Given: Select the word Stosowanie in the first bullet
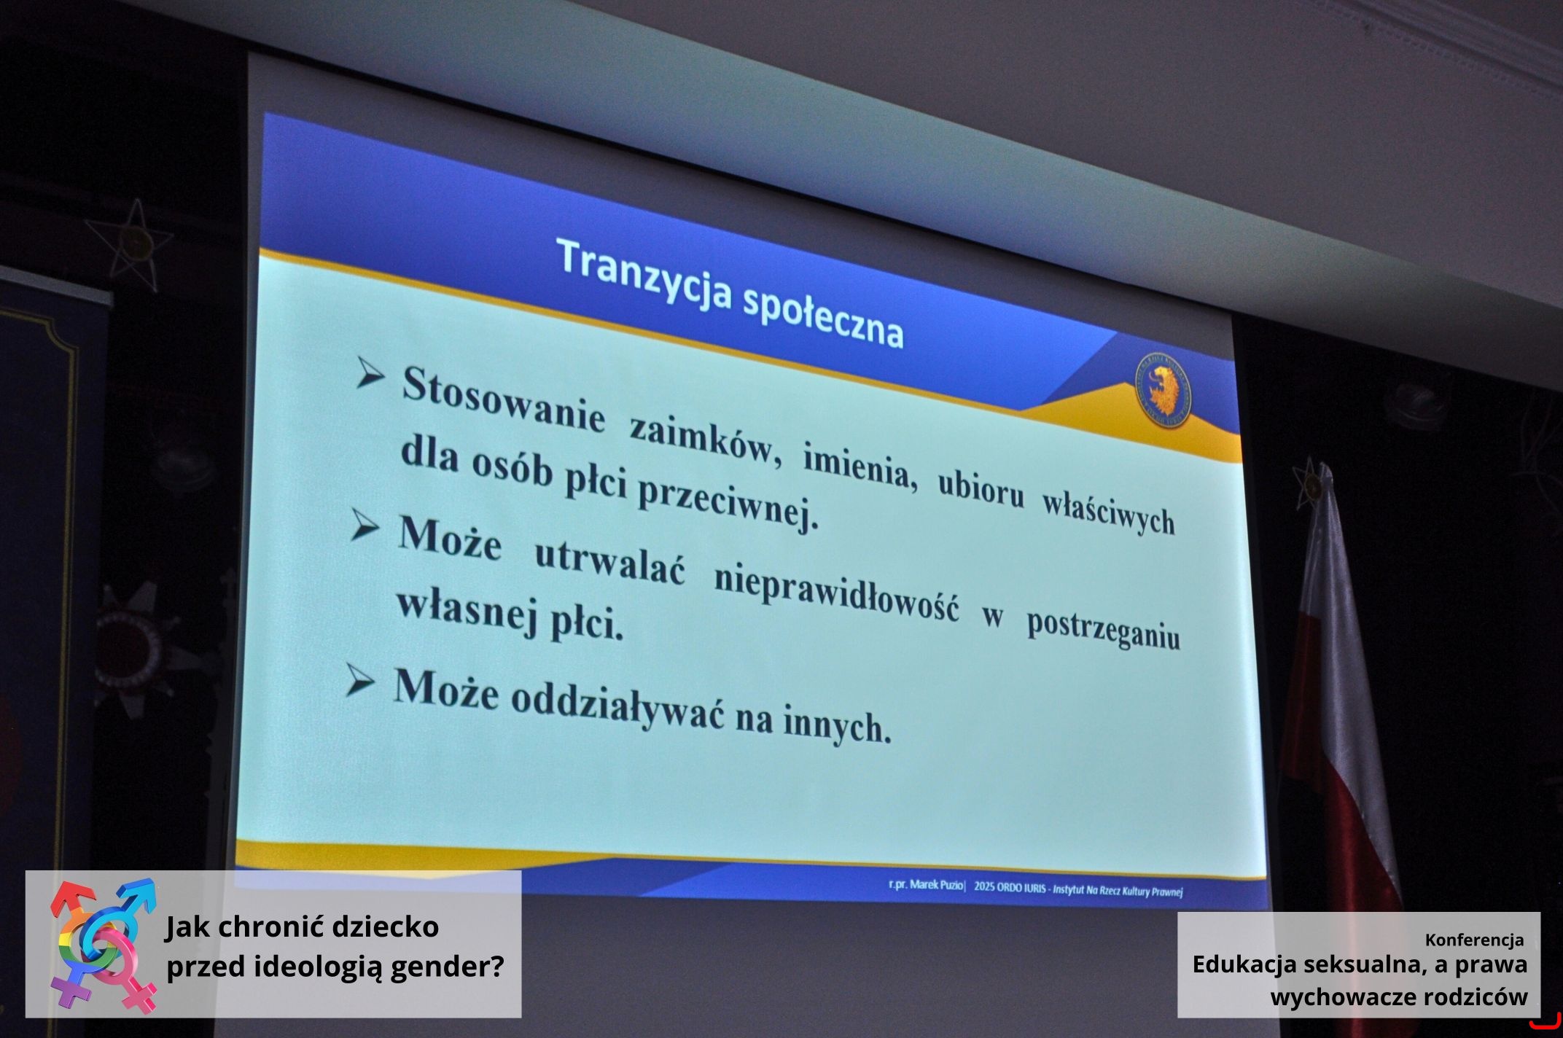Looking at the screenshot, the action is pos(504,402).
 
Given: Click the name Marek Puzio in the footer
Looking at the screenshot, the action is pos(936,884).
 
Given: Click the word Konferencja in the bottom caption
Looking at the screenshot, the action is pos(1474,940).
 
